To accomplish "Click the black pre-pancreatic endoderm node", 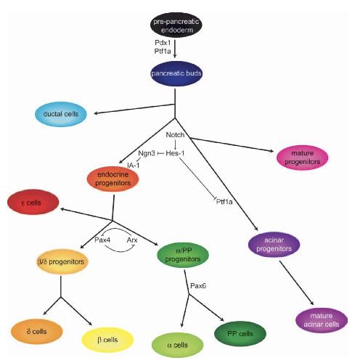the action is pos(176,25).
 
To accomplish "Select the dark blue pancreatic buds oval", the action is pos(176,73).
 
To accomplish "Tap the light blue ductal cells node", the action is pos(61,114).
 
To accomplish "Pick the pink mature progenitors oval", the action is pos(303,158).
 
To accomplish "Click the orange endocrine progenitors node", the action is pos(112,179).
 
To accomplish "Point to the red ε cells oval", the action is pos(33,202).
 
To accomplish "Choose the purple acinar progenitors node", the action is pos(274,245).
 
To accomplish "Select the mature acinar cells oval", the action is pos(322,320).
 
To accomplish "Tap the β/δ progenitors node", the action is pos(62,261).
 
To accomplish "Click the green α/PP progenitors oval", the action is pos(183,255).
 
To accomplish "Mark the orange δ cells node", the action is pos(37,331).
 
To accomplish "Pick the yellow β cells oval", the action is pos(107,340).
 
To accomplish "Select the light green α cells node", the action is pos(177,345).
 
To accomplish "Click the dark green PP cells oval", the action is pos(240,334).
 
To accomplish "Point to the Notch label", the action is pos(175,135).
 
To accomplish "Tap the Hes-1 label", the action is pos(175,153).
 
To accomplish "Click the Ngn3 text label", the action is pos(147,153).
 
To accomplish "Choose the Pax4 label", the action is pos(102,240).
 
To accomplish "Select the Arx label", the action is pos(132,240).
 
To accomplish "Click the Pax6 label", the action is pos(198,286).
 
